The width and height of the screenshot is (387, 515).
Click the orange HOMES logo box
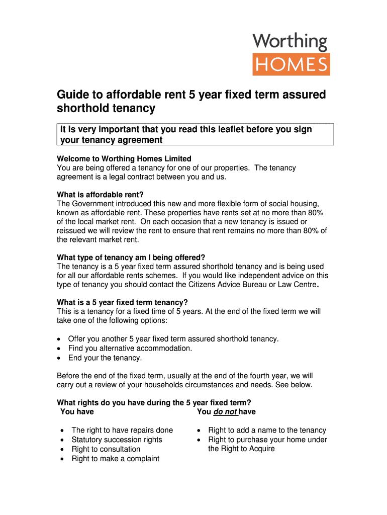point(291,64)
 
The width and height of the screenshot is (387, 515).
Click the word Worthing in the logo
point(290,42)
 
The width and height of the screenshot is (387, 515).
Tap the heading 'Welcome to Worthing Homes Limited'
point(124,159)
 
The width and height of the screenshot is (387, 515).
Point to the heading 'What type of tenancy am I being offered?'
point(131,257)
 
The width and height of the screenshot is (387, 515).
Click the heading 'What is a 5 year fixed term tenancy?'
point(123,302)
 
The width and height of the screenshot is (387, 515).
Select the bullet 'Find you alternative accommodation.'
point(130,348)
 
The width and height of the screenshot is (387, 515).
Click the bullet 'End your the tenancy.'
point(105,358)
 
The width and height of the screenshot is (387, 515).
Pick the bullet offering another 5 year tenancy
point(173,338)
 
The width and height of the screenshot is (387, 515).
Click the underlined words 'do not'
point(225,412)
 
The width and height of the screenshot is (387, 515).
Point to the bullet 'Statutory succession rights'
point(117,440)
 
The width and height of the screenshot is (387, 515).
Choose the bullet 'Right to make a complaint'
point(116,458)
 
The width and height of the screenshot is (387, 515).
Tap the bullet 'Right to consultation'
point(106,449)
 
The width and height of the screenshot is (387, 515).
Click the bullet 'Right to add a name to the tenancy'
point(267,430)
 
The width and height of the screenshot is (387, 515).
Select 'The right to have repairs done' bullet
point(122,430)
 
